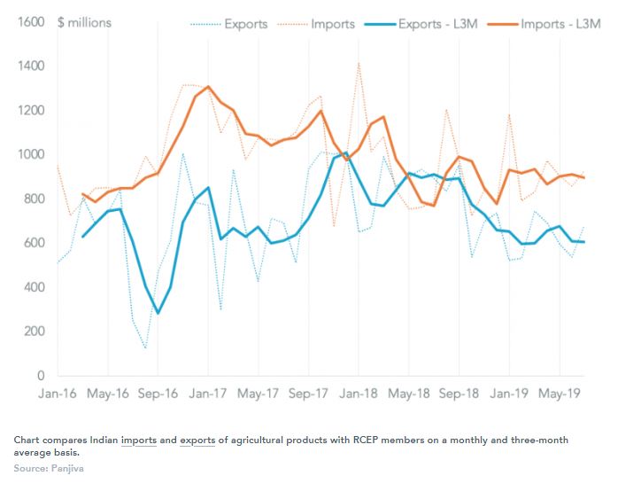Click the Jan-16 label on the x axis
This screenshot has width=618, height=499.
[57, 393]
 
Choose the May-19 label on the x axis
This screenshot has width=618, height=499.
[559, 393]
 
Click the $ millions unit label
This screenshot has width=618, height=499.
[84, 22]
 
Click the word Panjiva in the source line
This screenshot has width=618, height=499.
[66, 467]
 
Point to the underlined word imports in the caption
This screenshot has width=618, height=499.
[139, 440]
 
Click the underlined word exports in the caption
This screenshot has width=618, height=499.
[197, 440]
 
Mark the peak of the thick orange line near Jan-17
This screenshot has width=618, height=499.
[207, 87]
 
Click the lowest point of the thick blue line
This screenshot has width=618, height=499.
[158, 313]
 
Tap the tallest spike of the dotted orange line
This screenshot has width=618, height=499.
[359, 63]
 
